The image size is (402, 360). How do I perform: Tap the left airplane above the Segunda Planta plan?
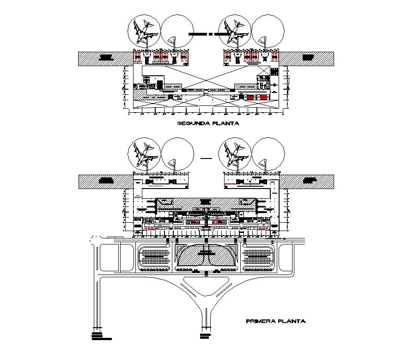[x=144, y=31]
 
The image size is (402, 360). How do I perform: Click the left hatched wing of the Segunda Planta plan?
[x=105, y=58]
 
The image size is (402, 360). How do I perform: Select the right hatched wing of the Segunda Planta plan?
[x=307, y=58]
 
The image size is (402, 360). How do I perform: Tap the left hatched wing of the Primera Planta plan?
[x=105, y=181]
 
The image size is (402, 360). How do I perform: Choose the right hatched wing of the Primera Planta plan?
[x=307, y=181]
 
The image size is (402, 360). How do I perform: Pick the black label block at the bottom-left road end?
[x=100, y=336]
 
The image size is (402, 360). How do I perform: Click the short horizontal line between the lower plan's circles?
[x=206, y=158]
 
